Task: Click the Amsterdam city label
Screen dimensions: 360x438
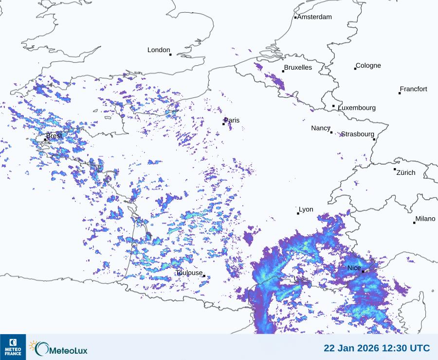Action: tap(314, 17)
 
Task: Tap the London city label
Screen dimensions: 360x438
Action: tap(159, 50)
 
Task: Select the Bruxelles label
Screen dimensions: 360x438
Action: tap(298, 68)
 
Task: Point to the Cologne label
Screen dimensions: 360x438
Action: tap(368, 66)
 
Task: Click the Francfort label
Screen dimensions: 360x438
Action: tap(413, 89)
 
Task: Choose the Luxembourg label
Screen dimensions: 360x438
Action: tap(357, 108)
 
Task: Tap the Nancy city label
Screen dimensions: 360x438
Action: tap(321, 128)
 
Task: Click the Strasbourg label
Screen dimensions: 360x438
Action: tap(357, 134)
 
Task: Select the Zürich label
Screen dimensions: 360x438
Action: tap(406, 172)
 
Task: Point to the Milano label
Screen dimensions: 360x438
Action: tap(425, 219)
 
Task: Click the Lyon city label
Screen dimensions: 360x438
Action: tap(306, 209)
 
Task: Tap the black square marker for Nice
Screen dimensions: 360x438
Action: tap(363, 271)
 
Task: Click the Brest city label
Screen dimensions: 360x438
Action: tap(54, 136)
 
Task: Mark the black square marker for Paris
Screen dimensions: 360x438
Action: tap(224, 124)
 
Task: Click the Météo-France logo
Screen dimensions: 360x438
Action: tap(13, 347)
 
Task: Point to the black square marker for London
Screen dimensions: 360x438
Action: tap(170, 55)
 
